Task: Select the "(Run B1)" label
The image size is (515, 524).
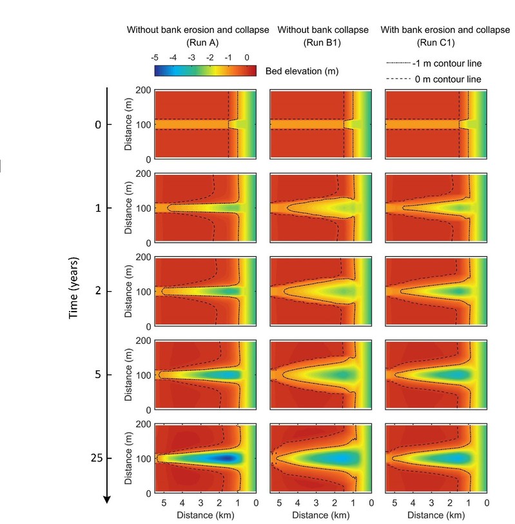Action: [x=322, y=43]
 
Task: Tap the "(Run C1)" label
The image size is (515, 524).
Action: [x=436, y=43]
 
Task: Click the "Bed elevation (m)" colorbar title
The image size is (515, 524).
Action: [x=299, y=70]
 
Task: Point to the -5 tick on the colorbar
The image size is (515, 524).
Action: [x=155, y=58]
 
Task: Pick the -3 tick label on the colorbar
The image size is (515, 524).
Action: [x=191, y=58]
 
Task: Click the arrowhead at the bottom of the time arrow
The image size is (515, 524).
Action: [x=107, y=498]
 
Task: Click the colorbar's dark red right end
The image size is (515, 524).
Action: [x=253, y=70]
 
